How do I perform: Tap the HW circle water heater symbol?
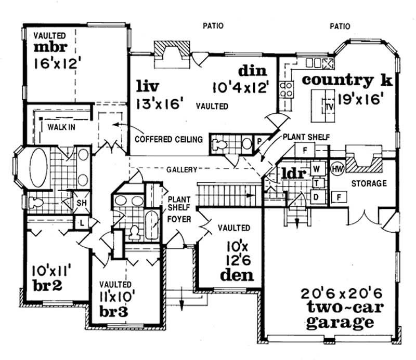pyautogui.click(x=337, y=169)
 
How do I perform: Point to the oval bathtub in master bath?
pyautogui.click(x=38, y=167)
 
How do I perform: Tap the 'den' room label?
pyautogui.click(x=237, y=275)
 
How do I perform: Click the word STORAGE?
pyautogui.click(x=369, y=183)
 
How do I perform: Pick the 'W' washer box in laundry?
pyautogui.click(x=316, y=169)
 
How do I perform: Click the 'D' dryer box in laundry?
pyautogui.click(x=316, y=196)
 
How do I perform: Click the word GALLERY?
pyautogui.click(x=182, y=170)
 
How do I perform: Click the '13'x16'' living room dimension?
pyautogui.click(x=161, y=103)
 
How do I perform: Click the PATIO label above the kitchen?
pyautogui.click(x=340, y=25)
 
